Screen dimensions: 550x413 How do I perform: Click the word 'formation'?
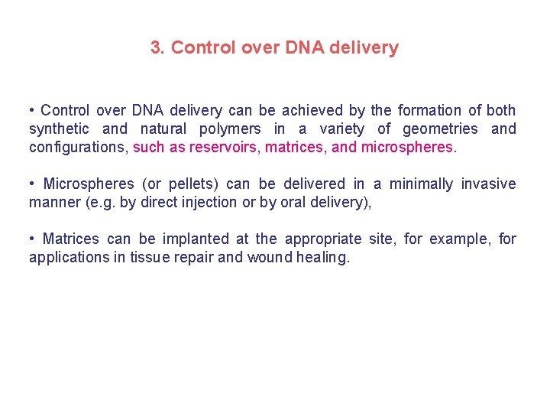[428, 111]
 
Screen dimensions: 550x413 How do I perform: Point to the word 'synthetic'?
[59, 129]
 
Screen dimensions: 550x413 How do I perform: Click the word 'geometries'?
[440, 129]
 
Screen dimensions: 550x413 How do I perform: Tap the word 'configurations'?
[78, 148]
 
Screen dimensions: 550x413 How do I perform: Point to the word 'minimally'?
[422, 184]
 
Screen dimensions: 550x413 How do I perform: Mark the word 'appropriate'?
[322, 239]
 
